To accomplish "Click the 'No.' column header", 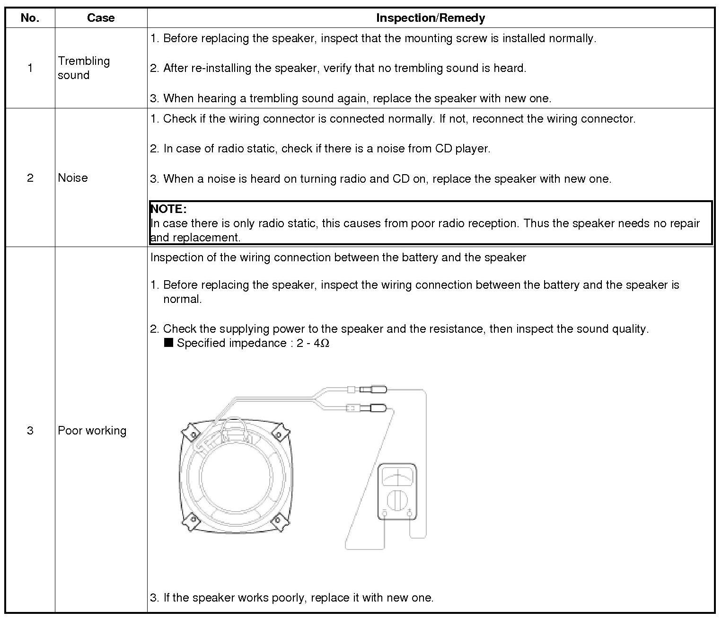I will click(x=30, y=18).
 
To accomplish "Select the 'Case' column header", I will click(x=101, y=18).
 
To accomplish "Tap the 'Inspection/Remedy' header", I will click(x=430, y=18).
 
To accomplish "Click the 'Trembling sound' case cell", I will click(x=84, y=68).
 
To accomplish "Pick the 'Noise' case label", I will click(x=73, y=177).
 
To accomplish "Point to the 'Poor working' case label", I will click(x=92, y=430).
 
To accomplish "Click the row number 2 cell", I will click(x=30, y=177).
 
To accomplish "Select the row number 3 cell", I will click(x=30, y=430).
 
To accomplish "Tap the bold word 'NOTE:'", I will click(x=168, y=209).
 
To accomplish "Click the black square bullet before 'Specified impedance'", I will click(x=168, y=343).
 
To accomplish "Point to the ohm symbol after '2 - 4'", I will click(x=325, y=343).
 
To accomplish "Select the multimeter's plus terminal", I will click(x=410, y=513).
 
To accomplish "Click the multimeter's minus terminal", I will click(x=384, y=513).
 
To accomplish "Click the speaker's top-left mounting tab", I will click(x=192, y=434).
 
